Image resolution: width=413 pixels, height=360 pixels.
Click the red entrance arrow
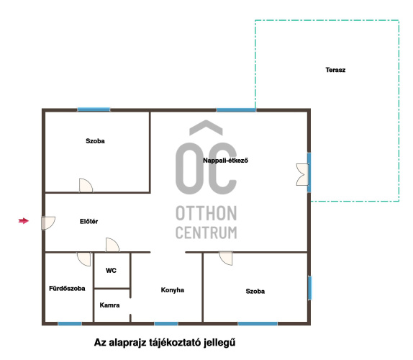(24, 221)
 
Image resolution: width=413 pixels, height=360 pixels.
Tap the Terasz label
(335, 70)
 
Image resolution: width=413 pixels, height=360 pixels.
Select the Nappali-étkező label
(225, 161)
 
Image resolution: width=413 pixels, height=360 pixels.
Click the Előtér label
(88, 221)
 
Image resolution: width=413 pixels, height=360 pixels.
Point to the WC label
(111, 271)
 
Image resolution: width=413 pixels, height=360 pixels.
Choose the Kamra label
(109, 305)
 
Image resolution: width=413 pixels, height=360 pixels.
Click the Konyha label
(173, 290)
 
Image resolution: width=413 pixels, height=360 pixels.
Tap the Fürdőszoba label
(67, 288)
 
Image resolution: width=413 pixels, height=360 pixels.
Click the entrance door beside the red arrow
(48, 223)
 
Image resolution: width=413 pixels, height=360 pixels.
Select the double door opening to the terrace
(302, 174)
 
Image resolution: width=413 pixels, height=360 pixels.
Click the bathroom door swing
(84, 259)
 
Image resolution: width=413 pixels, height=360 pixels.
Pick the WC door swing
(112, 245)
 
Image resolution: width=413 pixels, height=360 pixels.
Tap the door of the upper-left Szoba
(86, 185)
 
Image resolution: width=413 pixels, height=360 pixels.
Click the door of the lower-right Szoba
(226, 258)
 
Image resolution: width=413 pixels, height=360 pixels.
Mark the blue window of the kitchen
(166, 323)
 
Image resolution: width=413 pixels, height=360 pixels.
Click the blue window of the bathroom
(70, 323)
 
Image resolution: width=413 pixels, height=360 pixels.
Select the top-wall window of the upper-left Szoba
(94, 109)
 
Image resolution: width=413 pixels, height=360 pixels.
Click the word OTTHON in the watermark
(206, 213)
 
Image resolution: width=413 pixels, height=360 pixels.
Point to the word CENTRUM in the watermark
(206, 233)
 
